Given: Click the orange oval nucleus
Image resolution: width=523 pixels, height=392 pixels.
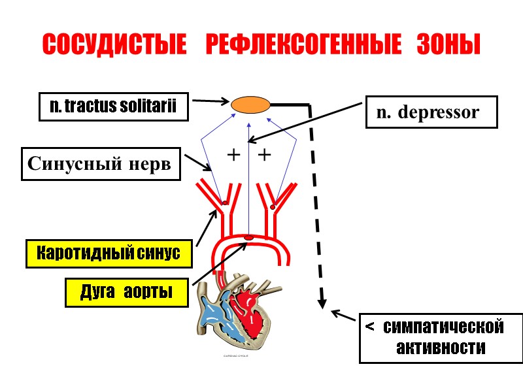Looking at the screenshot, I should pos(250,104).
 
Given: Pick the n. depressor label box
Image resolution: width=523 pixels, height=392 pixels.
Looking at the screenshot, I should pos(429,112).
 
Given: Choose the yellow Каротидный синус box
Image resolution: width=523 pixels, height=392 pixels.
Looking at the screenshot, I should pos(109,253).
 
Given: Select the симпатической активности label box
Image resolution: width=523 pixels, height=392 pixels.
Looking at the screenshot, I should pos(441,338).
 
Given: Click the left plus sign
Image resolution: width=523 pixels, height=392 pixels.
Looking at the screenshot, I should pos(233,155).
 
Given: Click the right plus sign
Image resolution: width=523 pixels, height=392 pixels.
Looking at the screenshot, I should pos(264,155).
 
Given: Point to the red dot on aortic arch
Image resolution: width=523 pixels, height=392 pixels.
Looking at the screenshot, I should pos(248,237).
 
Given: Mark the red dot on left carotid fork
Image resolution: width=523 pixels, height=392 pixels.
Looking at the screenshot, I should pos(225,203).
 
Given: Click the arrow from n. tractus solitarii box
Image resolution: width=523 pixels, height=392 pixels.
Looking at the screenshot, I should pos(209,101).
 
